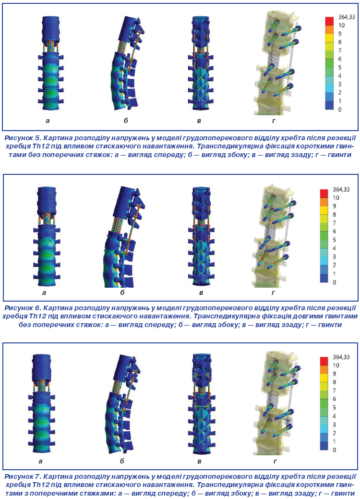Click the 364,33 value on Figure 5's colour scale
[x=347, y=17]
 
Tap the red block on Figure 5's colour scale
[x=329, y=21]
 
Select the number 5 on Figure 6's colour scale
[x=334, y=240]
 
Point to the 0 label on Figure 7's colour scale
[x=334, y=450]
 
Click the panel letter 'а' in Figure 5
[x=48, y=121]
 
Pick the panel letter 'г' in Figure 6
[x=273, y=293]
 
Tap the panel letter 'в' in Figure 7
[x=199, y=461]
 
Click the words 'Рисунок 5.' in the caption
[x=23, y=138]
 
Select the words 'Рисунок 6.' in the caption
[x=23, y=308]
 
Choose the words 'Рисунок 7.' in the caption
[x=23, y=476]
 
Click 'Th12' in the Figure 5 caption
[x=40, y=146]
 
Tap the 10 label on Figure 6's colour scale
[x=336, y=197]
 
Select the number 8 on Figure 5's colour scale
[x=340, y=42]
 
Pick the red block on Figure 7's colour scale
[x=324, y=361]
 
